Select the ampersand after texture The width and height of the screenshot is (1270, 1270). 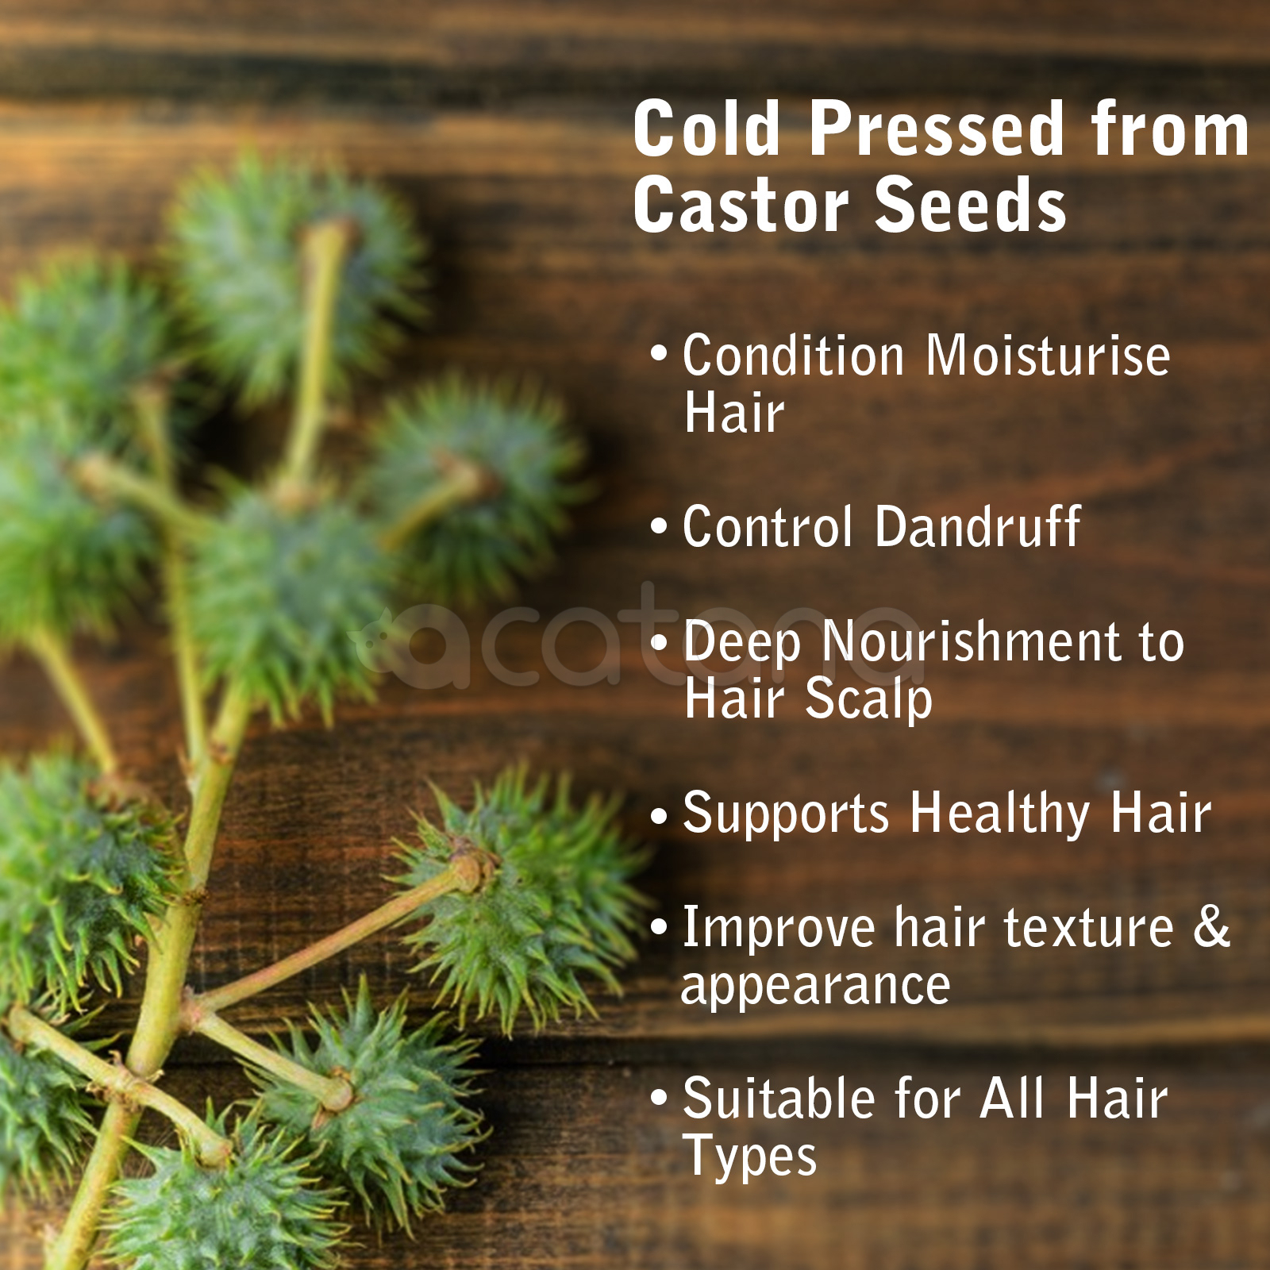click(1212, 926)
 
